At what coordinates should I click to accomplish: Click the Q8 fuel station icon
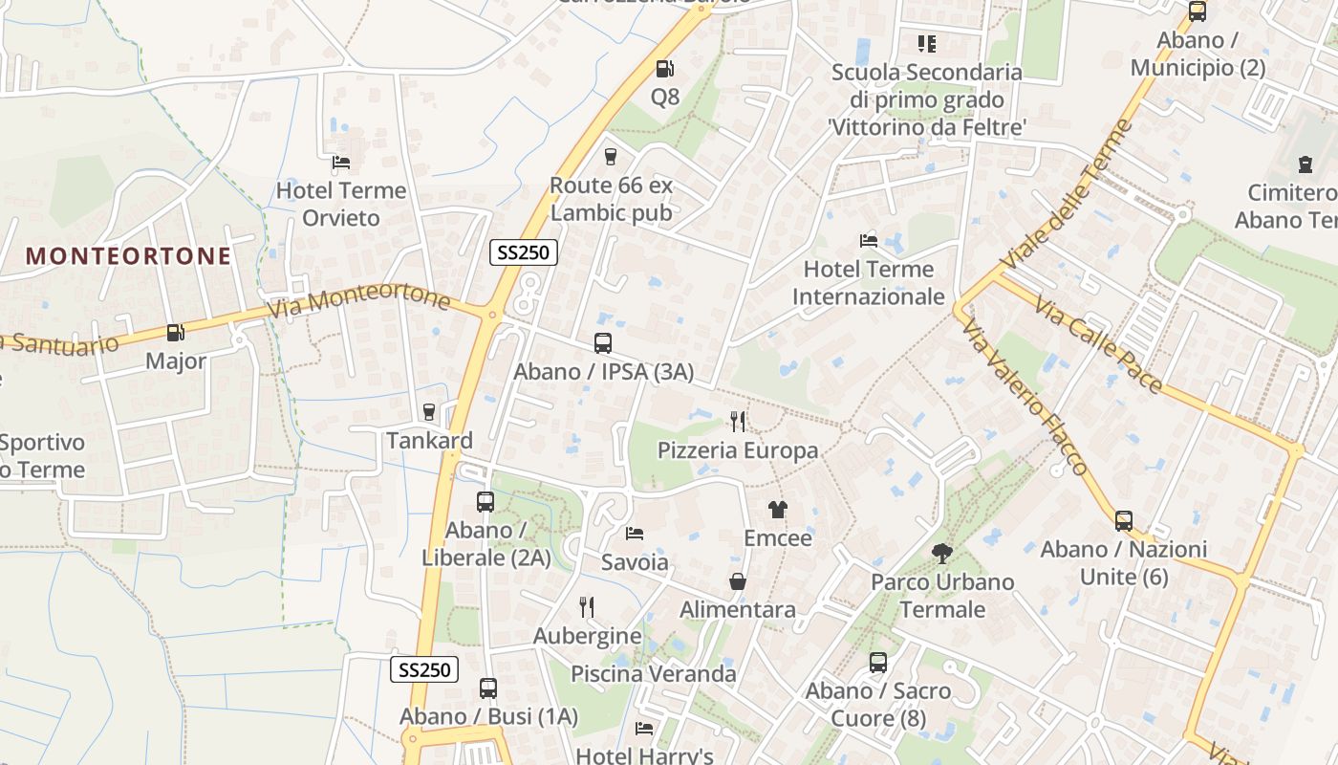664,69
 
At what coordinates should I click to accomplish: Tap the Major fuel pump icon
175,333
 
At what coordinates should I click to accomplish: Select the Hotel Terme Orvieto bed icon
341,162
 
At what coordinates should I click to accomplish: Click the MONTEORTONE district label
128,256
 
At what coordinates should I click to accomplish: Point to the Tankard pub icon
429,412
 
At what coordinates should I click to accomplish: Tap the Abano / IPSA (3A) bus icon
603,342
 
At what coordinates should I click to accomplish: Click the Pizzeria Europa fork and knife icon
737,421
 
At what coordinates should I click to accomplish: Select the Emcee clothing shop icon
778,510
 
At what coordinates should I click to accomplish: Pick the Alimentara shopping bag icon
738,581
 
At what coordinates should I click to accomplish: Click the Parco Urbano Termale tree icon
941,553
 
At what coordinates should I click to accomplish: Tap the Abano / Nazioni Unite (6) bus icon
1124,521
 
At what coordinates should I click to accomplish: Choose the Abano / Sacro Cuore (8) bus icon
878,662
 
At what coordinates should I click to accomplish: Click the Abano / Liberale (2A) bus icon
486,501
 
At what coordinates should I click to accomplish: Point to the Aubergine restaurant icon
587,606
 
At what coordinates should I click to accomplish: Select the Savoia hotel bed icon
635,533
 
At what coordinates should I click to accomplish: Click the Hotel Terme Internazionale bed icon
869,240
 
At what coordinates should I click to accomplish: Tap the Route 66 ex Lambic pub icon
611,157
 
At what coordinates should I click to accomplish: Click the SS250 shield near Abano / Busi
424,669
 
